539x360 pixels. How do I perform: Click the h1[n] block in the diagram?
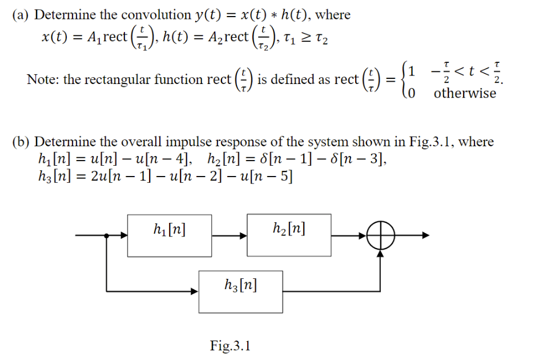click(x=169, y=235)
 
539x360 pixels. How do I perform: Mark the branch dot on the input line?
click(x=106, y=235)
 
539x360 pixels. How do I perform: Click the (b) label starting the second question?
click(x=21, y=141)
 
